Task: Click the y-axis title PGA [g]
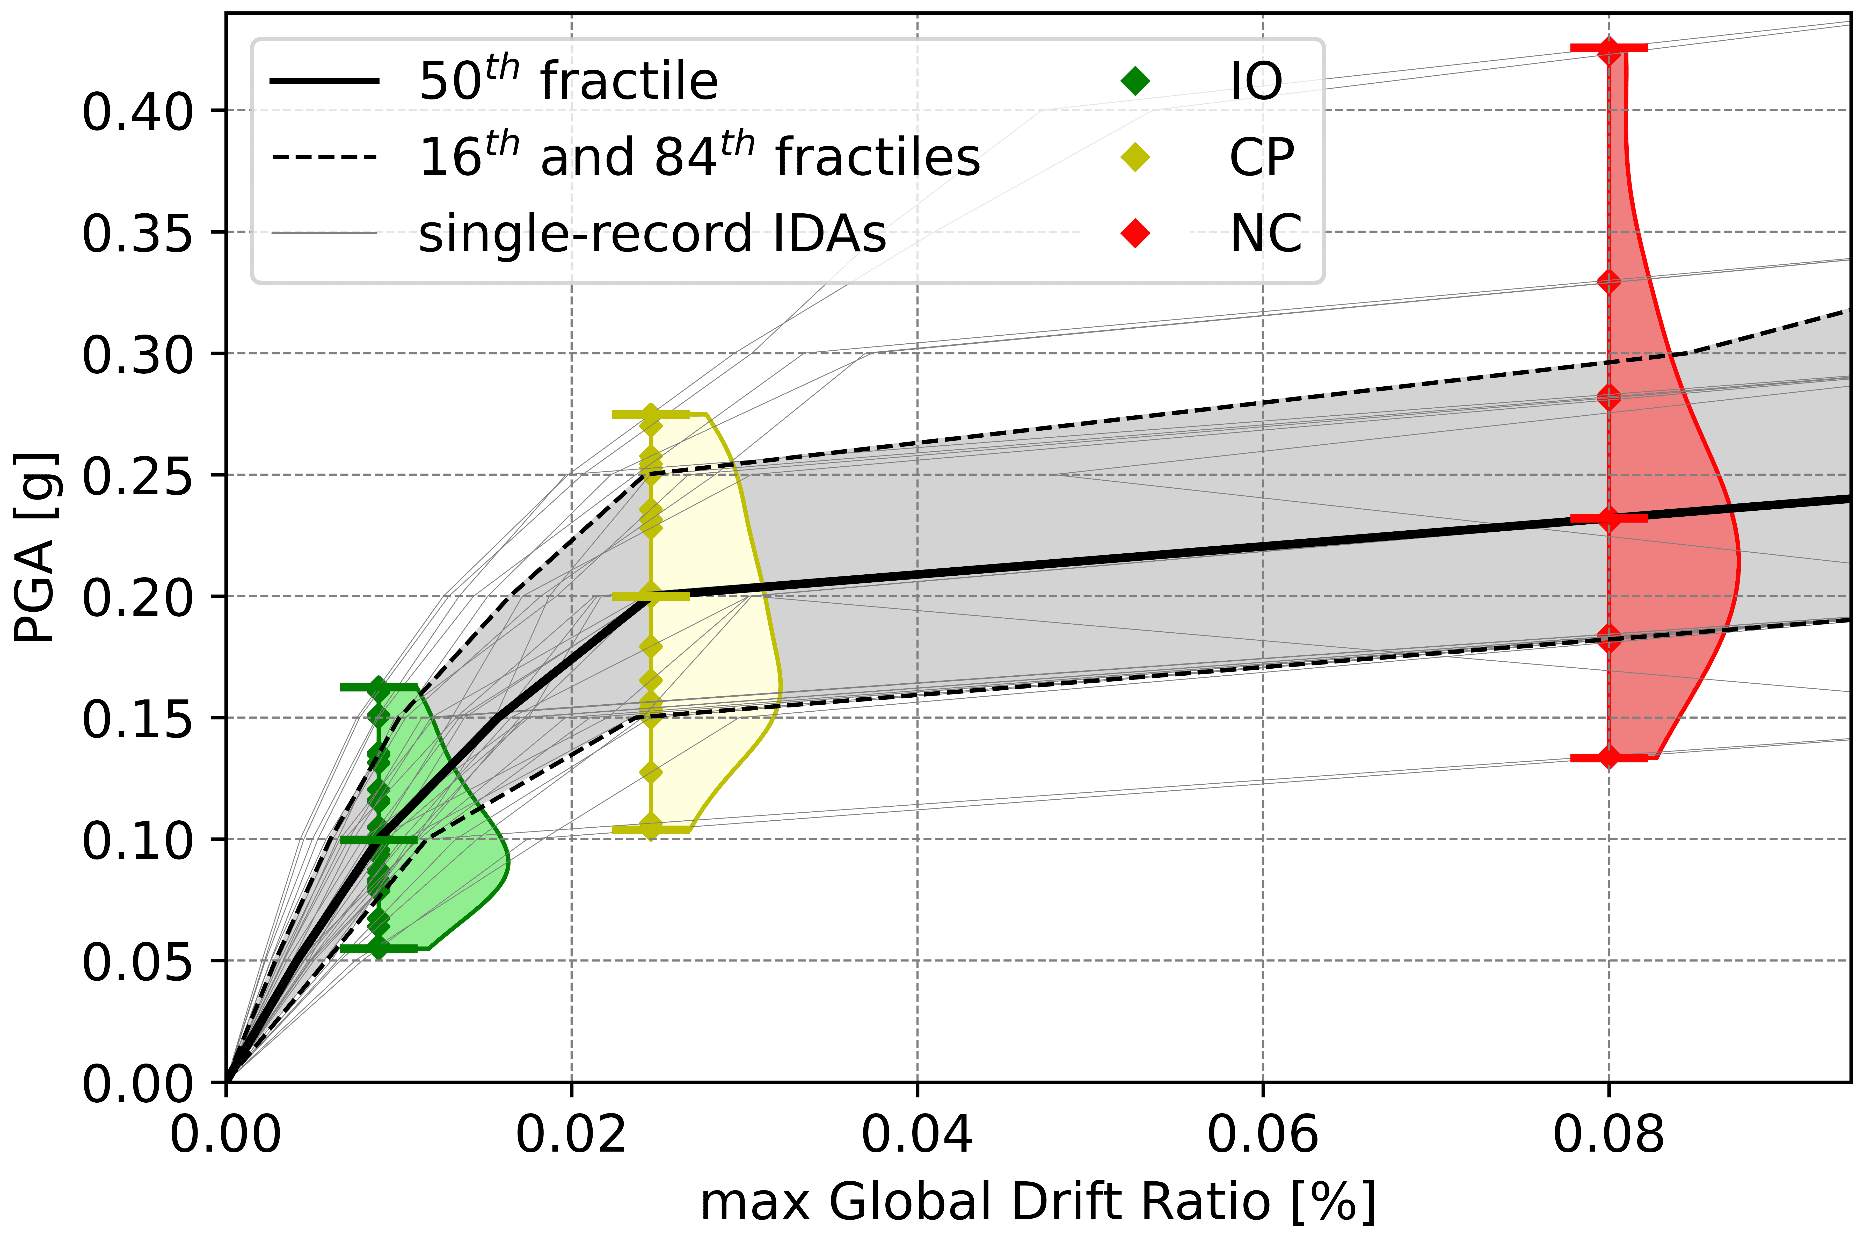coord(36,547)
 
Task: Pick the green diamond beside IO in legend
coord(1136,81)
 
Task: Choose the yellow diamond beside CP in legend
coord(1136,157)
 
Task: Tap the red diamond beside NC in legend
coord(1136,233)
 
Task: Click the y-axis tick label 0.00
coord(137,1084)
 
